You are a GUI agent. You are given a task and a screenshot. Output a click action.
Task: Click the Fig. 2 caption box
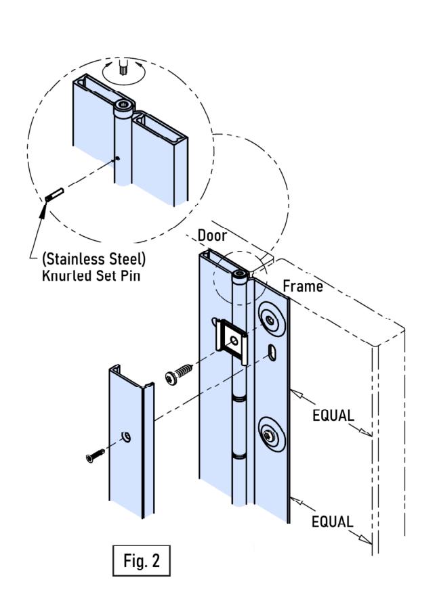[x=141, y=560]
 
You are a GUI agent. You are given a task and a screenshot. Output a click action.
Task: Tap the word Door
[x=212, y=235]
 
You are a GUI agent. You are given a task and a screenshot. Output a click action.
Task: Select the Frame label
[x=303, y=286]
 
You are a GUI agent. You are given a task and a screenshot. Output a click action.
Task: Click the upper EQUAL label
[x=333, y=415]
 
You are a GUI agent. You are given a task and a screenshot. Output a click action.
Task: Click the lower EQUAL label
[x=333, y=522]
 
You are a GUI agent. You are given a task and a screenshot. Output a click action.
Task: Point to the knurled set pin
[x=54, y=195]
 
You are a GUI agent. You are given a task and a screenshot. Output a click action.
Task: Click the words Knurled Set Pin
[x=91, y=275]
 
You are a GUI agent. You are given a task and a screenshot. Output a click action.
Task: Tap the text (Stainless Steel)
[x=93, y=259]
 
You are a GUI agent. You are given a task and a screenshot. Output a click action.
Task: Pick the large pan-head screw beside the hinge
[x=179, y=374]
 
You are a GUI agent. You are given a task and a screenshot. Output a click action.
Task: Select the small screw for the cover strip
[x=95, y=456]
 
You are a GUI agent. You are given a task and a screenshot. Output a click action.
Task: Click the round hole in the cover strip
[x=126, y=437]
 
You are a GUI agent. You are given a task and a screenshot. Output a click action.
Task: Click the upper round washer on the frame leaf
[x=270, y=319]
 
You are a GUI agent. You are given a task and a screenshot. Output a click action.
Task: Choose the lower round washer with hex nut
[x=269, y=435]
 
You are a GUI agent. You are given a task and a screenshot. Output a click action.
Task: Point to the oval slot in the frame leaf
[x=272, y=353]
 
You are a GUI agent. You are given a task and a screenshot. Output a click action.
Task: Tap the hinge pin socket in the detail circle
[x=125, y=105]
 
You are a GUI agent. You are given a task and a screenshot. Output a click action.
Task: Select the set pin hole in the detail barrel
[x=117, y=158]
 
